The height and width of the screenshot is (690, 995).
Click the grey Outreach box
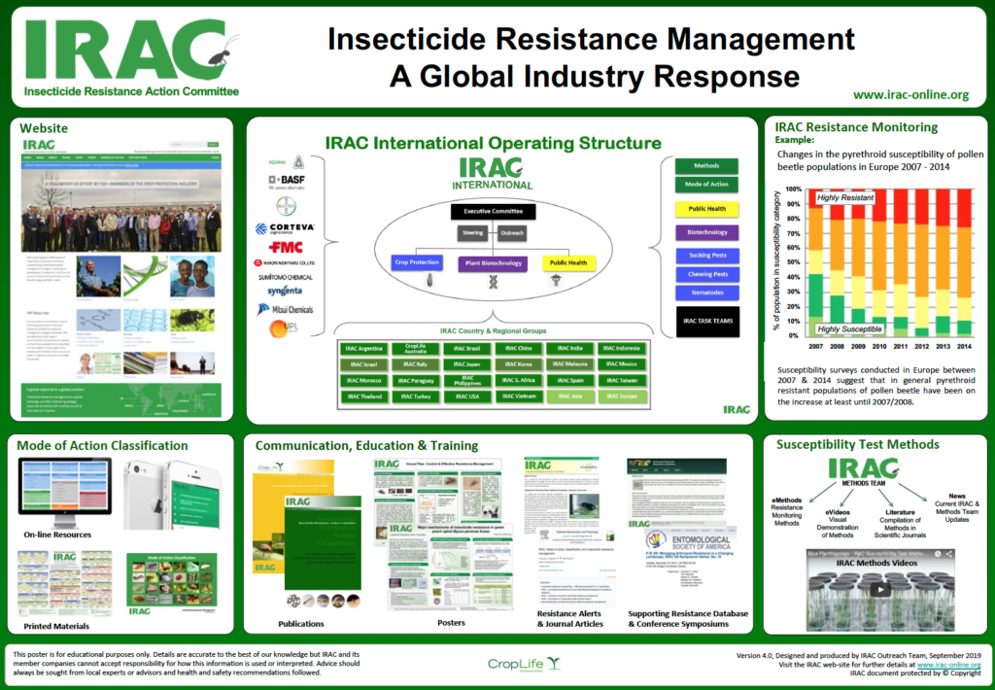click(514, 233)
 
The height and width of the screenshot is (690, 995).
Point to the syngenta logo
click(285, 292)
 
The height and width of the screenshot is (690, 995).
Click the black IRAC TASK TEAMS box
click(707, 321)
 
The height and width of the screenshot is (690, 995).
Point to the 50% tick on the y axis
click(794, 262)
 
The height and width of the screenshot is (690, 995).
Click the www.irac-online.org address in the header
click(909, 94)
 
